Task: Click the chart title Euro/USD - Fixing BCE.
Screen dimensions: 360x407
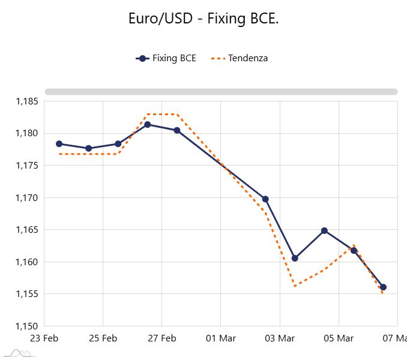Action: (203, 19)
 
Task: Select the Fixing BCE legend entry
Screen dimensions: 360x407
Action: (166, 58)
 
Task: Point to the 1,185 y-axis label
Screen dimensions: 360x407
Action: (26, 101)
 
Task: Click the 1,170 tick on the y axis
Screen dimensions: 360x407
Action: (26, 197)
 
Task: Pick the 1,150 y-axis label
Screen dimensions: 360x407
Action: (26, 326)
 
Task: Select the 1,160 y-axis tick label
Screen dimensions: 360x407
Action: (26, 262)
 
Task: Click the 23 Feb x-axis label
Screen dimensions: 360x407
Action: (44, 338)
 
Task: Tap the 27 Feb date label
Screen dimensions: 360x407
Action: (161, 338)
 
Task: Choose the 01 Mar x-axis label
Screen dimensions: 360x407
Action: (220, 338)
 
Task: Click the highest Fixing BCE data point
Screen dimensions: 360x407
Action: (148, 125)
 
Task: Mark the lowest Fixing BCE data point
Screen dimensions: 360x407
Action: (383, 287)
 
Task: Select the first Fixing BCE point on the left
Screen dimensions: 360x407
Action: (59, 144)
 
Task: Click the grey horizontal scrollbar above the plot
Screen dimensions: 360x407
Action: (221, 92)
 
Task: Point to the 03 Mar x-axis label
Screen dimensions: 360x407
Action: (279, 338)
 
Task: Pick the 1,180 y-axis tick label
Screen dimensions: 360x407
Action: (26, 133)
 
